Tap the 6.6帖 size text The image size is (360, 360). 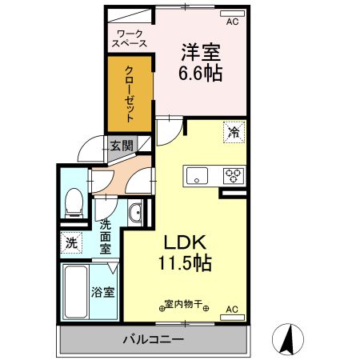(x=201, y=73)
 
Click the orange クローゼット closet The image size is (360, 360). (x=129, y=93)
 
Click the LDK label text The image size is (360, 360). (x=186, y=242)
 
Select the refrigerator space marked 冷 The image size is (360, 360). (x=234, y=133)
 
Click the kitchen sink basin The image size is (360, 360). (x=197, y=174)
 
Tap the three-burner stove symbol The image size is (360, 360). (x=234, y=174)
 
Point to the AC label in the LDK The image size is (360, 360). (x=232, y=309)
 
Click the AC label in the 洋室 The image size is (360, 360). (x=233, y=23)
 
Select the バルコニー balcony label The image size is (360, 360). (x=151, y=339)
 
